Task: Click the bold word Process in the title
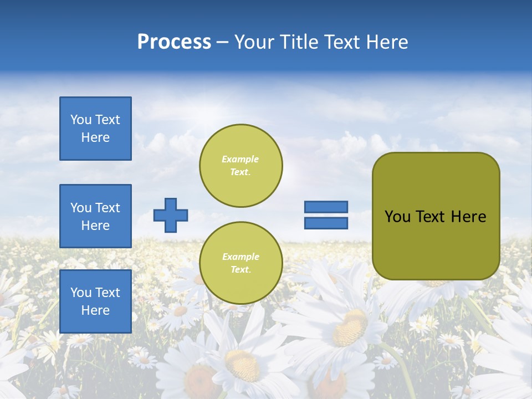(174, 42)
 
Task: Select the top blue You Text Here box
(95, 129)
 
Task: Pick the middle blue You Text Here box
(95, 216)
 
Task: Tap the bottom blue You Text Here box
(95, 301)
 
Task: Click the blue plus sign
(171, 215)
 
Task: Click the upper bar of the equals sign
(326, 207)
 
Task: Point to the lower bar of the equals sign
(326, 223)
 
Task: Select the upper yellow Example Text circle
(241, 166)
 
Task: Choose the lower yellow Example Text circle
(241, 263)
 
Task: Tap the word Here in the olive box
(468, 217)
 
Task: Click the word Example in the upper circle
(241, 159)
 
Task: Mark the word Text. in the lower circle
(241, 270)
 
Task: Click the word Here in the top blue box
(95, 137)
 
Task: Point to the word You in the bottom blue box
(81, 293)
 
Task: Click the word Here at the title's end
(387, 42)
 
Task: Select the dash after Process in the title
(223, 42)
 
